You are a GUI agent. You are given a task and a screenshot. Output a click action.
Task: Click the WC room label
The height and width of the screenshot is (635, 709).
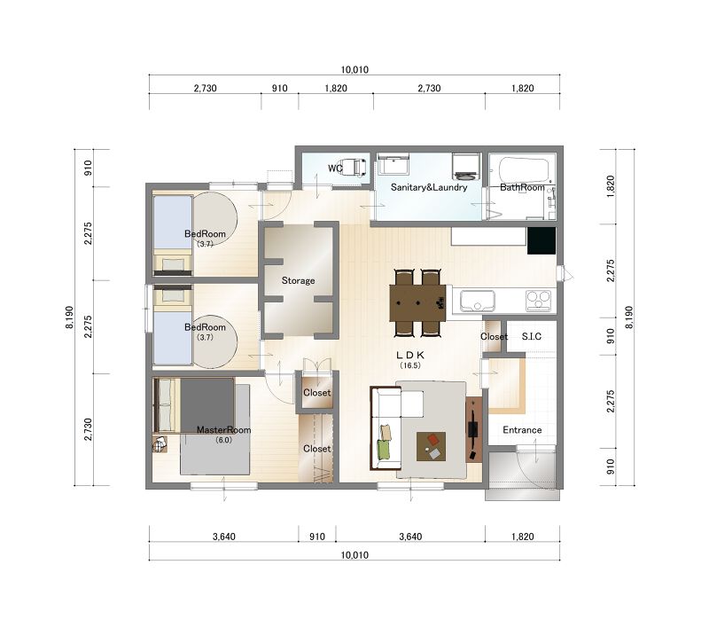pos(335,169)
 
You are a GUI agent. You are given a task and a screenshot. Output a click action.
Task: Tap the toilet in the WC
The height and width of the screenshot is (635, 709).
pos(353,167)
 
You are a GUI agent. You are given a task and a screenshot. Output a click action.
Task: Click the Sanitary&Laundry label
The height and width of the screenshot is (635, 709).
pos(429,187)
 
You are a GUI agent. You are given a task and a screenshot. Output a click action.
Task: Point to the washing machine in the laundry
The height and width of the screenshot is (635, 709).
pos(466,166)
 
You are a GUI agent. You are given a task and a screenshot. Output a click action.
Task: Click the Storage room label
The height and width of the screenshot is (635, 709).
pos(298,280)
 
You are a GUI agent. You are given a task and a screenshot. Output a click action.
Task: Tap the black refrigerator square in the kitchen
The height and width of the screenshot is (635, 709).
pos(541,240)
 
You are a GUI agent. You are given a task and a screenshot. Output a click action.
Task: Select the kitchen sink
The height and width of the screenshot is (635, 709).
pos(477,301)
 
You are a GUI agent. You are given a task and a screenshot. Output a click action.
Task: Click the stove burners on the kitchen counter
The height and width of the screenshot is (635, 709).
pos(539,301)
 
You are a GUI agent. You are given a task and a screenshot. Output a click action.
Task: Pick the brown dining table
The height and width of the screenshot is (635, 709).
pos(417,302)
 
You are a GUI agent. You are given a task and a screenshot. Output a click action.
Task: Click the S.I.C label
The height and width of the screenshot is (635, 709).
pos(531,336)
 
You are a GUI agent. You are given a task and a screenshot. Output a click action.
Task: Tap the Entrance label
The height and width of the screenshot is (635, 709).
pos(522,430)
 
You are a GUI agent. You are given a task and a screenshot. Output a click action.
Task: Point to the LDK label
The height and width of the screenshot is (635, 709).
pos(410,356)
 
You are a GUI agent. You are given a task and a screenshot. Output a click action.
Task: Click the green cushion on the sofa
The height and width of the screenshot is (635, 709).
pos(384,448)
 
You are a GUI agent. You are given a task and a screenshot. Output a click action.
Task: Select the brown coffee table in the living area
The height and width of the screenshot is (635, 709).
pos(431,446)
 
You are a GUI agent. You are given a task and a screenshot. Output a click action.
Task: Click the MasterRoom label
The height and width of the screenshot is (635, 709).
pos(223,429)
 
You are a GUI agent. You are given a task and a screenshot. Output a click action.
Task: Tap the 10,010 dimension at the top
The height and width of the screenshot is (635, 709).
pos(354,70)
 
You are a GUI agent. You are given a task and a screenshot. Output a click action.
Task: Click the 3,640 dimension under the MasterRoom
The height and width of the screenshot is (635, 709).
pos(224,537)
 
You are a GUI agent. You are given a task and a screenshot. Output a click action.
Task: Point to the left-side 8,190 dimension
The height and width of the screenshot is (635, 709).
pos(69,317)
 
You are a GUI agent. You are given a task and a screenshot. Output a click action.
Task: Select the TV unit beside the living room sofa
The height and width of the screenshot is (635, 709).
pos(473,429)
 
